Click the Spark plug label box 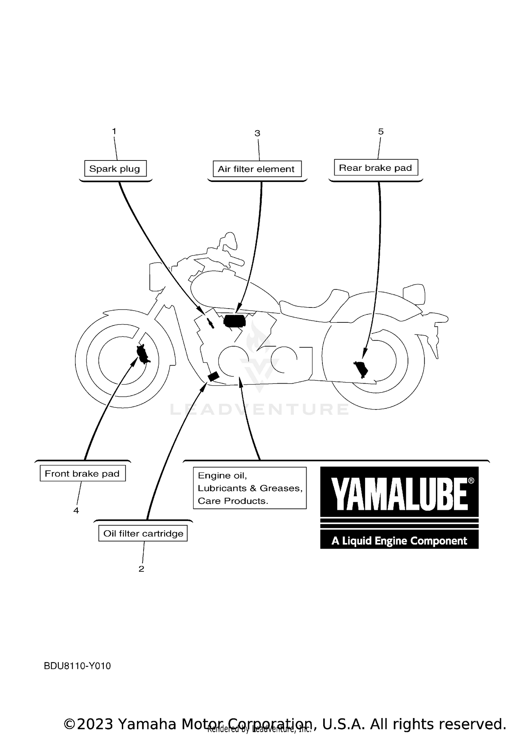click(115, 168)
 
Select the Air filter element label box click(257, 169)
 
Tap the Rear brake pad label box click(376, 167)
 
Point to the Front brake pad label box click(82, 473)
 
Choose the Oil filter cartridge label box click(143, 533)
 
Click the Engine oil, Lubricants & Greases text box click(249, 488)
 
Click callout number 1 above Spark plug click(114, 131)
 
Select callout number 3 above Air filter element click(257, 133)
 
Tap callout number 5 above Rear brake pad click(381, 131)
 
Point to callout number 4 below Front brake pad click(76, 511)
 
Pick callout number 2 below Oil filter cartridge click(141, 569)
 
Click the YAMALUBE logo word click(400, 494)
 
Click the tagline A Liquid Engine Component click(399, 541)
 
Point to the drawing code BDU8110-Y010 click(78, 666)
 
